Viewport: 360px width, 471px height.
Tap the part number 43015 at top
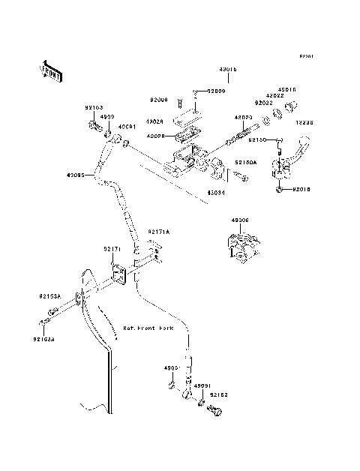[228, 69]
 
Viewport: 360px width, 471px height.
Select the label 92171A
[159, 232]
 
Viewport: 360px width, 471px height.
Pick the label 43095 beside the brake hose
[76, 176]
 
